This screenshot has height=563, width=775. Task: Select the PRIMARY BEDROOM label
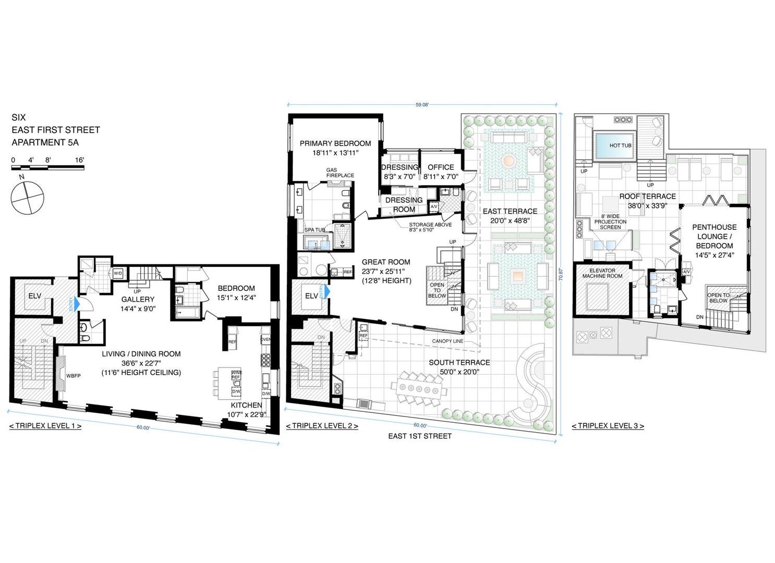[335, 143]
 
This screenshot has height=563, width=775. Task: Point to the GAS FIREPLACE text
[340, 173]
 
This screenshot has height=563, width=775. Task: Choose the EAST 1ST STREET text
[419, 436]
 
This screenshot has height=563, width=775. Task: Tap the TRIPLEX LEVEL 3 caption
[608, 426]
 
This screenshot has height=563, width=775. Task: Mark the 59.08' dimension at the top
[421, 104]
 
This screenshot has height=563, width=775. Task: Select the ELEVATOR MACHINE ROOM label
[603, 273]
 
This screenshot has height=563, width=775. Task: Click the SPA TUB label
[314, 230]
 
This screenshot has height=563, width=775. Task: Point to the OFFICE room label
[440, 167]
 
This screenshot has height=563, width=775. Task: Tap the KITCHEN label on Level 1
[246, 405]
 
